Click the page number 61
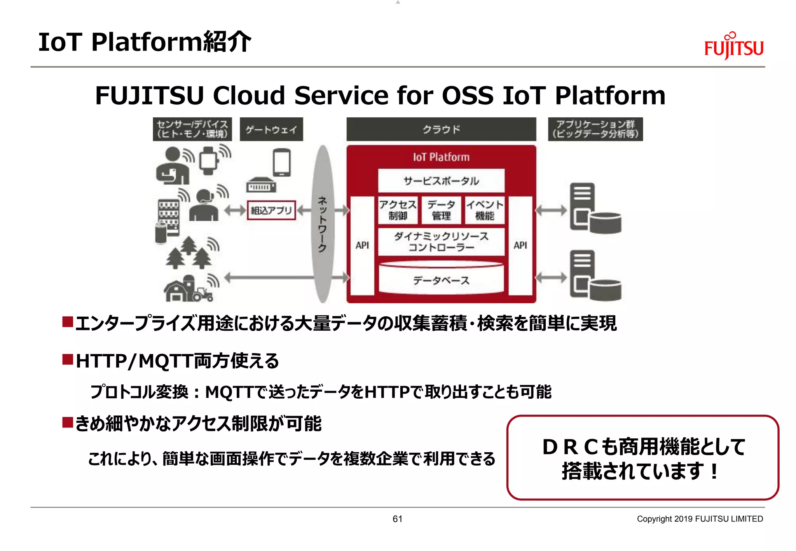(x=397, y=519)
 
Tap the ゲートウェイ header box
(x=271, y=129)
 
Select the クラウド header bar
(x=441, y=129)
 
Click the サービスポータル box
(x=441, y=181)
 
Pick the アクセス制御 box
(x=398, y=210)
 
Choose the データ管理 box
(x=441, y=210)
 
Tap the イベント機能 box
(x=485, y=210)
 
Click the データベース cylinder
(x=441, y=279)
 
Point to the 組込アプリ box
(x=271, y=210)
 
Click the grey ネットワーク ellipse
(x=323, y=224)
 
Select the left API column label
(x=362, y=246)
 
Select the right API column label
(x=520, y=246)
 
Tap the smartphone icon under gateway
(x=282, y=162)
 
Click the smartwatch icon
(x=208, y=160)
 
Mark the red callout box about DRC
(x=642, y=457)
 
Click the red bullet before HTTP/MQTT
(x=68, y=359)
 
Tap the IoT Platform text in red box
(x=441, y=157)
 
